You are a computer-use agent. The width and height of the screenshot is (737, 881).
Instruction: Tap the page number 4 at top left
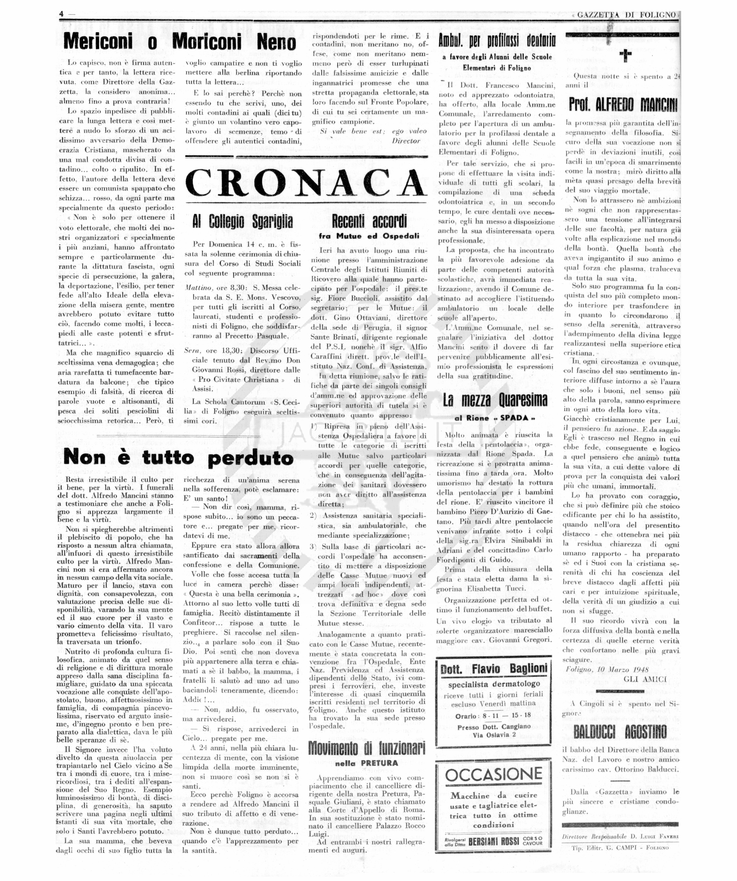click(x=61, y=14)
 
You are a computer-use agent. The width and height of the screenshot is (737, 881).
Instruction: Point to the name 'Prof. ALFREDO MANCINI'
click(x=623, y=105)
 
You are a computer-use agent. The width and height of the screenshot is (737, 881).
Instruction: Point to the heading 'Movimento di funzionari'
click(x=367, y=747)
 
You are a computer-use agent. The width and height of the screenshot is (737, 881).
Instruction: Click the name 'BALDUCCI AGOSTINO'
click(x=620, y=732)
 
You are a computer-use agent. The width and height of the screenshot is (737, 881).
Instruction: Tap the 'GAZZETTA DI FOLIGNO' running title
click(x=626, y=15)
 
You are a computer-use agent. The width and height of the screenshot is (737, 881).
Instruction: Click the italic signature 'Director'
click(x=406, y=141)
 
